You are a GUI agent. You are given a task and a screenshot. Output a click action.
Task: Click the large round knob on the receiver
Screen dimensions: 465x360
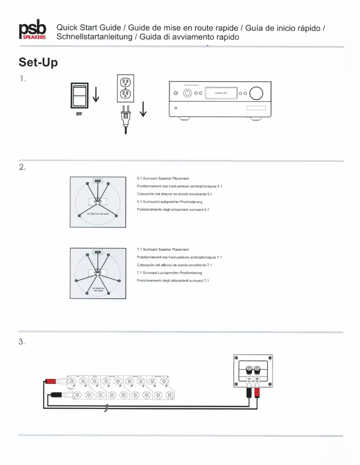coord(257,93)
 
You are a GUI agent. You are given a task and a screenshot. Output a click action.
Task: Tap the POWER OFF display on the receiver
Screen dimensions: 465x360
coord(220,94)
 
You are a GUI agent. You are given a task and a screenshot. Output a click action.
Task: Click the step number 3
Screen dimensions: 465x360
coord(21,342)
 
